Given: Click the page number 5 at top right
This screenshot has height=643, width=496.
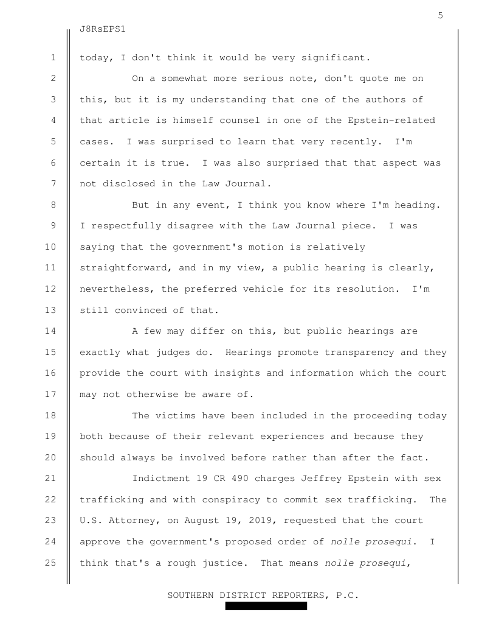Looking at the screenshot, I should [439, 16].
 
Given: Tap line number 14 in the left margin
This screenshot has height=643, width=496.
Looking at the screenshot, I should [53, 331].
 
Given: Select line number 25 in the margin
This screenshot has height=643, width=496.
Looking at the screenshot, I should [53, 563].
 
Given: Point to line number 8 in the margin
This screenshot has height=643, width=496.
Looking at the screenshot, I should [53, 205].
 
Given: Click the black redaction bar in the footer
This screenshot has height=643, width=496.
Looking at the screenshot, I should [266, 606].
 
